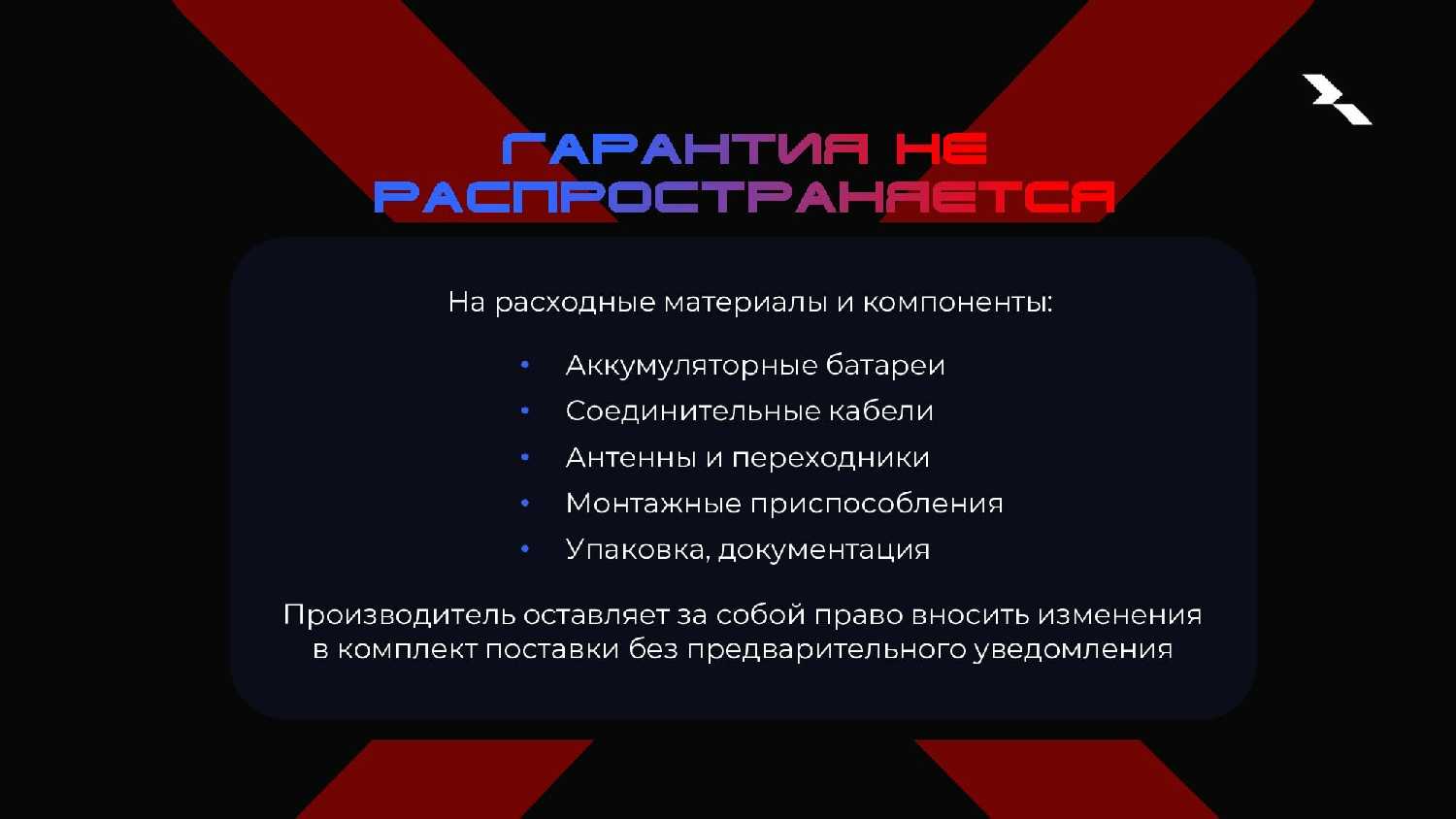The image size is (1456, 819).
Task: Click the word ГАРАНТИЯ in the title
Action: point(685,148)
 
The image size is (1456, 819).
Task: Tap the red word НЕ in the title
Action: point(942,148)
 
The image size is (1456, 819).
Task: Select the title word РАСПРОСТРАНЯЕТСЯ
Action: point(745,197)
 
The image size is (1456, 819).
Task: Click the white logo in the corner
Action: point(1337,99)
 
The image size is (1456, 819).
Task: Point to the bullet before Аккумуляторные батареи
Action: point(525,365)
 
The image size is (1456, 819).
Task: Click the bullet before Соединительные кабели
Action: point(525,410)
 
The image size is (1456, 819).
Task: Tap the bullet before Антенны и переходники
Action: point(525,458)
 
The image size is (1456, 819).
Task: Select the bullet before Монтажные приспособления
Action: point(525,503)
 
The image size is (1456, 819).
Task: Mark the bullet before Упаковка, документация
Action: point(525,549)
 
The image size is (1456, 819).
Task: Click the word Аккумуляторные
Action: point(691,366)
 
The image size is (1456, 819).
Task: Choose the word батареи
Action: point(885,365)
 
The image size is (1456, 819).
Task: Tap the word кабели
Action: point(880,411)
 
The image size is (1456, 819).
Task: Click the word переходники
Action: point(831,459)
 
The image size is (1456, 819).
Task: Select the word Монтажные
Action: point(653,504)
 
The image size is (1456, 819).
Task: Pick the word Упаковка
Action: point(637,550)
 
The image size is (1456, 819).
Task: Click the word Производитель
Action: point(399,615)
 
